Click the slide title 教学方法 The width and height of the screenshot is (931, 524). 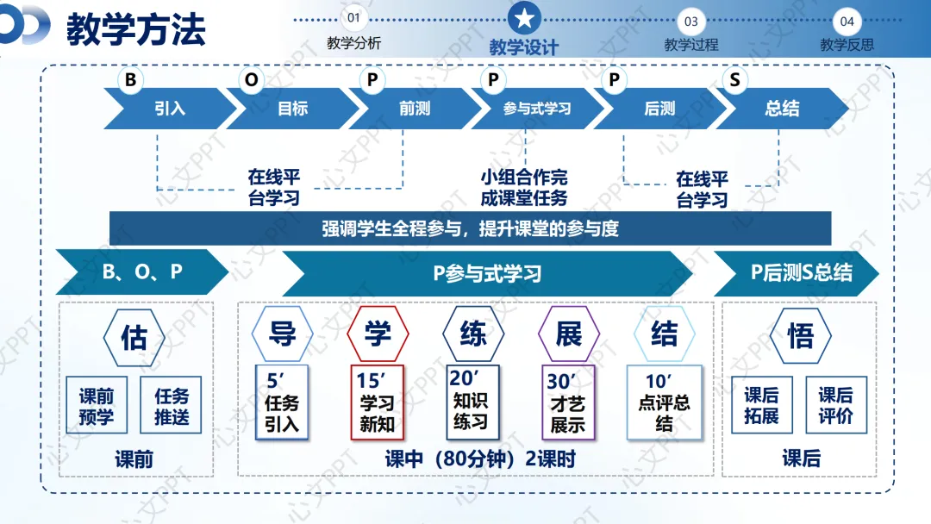point(136,29)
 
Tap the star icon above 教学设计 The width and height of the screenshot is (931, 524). point(524,17)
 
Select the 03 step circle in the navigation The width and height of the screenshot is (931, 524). point(690,21)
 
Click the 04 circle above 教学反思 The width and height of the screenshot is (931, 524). point(847,21)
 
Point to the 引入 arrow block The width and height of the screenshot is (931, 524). point(169,109)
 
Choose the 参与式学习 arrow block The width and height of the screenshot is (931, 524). point(536,109)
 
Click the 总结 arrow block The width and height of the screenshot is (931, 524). point(781,109)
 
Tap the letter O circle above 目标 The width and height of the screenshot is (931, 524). point(251,80)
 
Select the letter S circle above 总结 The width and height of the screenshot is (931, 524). point(734,80)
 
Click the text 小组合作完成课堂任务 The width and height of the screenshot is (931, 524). point(524,188)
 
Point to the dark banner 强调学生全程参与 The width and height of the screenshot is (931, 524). point(470,228)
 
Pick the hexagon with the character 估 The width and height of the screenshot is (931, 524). point(134,337)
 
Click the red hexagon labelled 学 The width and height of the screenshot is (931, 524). point(378,334)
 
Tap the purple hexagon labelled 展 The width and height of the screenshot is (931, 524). point(568,334)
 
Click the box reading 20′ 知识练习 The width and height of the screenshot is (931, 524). point(471,401)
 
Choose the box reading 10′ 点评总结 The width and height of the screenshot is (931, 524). point(664,402)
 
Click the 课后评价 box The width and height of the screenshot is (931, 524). point(835,405)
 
